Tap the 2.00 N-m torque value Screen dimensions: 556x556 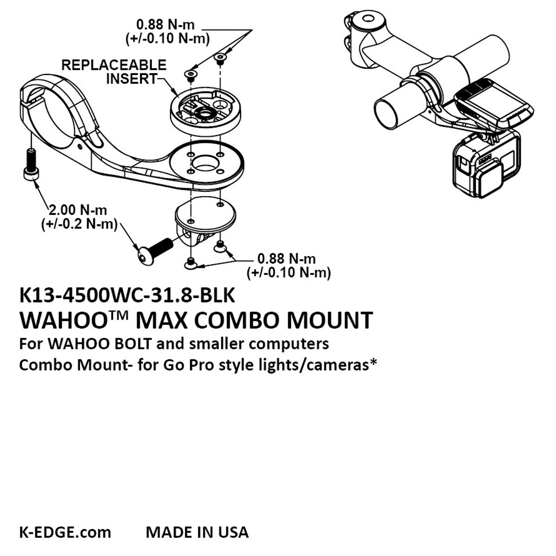[78, 210]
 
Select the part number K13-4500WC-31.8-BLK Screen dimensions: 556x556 [127, 296]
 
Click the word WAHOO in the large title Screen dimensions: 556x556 [63, 320]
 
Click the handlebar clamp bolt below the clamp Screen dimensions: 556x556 [31, 165]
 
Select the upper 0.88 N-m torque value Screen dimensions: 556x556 [165, 25]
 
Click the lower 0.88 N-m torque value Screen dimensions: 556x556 [286, 259]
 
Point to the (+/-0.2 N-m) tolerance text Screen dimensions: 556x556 [79, 224]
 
